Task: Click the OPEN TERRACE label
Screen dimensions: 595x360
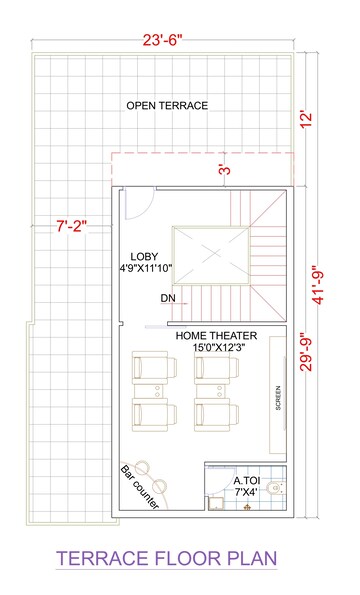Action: point(167,105)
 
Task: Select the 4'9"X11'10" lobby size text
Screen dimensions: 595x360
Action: point(146,269)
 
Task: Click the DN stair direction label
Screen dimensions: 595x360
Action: point(167,298)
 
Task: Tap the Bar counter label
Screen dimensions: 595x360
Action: point(139,487)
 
